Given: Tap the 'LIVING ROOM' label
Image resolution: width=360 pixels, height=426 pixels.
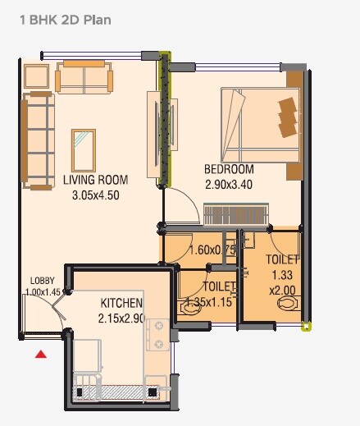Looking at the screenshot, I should click(x=96, y=180).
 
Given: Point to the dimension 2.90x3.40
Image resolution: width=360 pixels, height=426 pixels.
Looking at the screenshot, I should click(x=228, y=185).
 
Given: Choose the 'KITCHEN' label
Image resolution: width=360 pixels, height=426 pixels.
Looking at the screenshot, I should click(x=122, y=303).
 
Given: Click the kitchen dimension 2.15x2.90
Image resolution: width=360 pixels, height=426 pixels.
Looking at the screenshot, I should click(x=122, y=318).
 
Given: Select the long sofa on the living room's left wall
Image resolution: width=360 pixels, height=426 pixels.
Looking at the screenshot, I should click(x=38, y=140).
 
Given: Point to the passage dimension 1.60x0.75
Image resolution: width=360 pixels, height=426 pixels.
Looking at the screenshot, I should click(x=212, y=250).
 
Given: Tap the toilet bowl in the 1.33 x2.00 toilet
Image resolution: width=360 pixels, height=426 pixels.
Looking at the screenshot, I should click(x=288, y=304).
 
